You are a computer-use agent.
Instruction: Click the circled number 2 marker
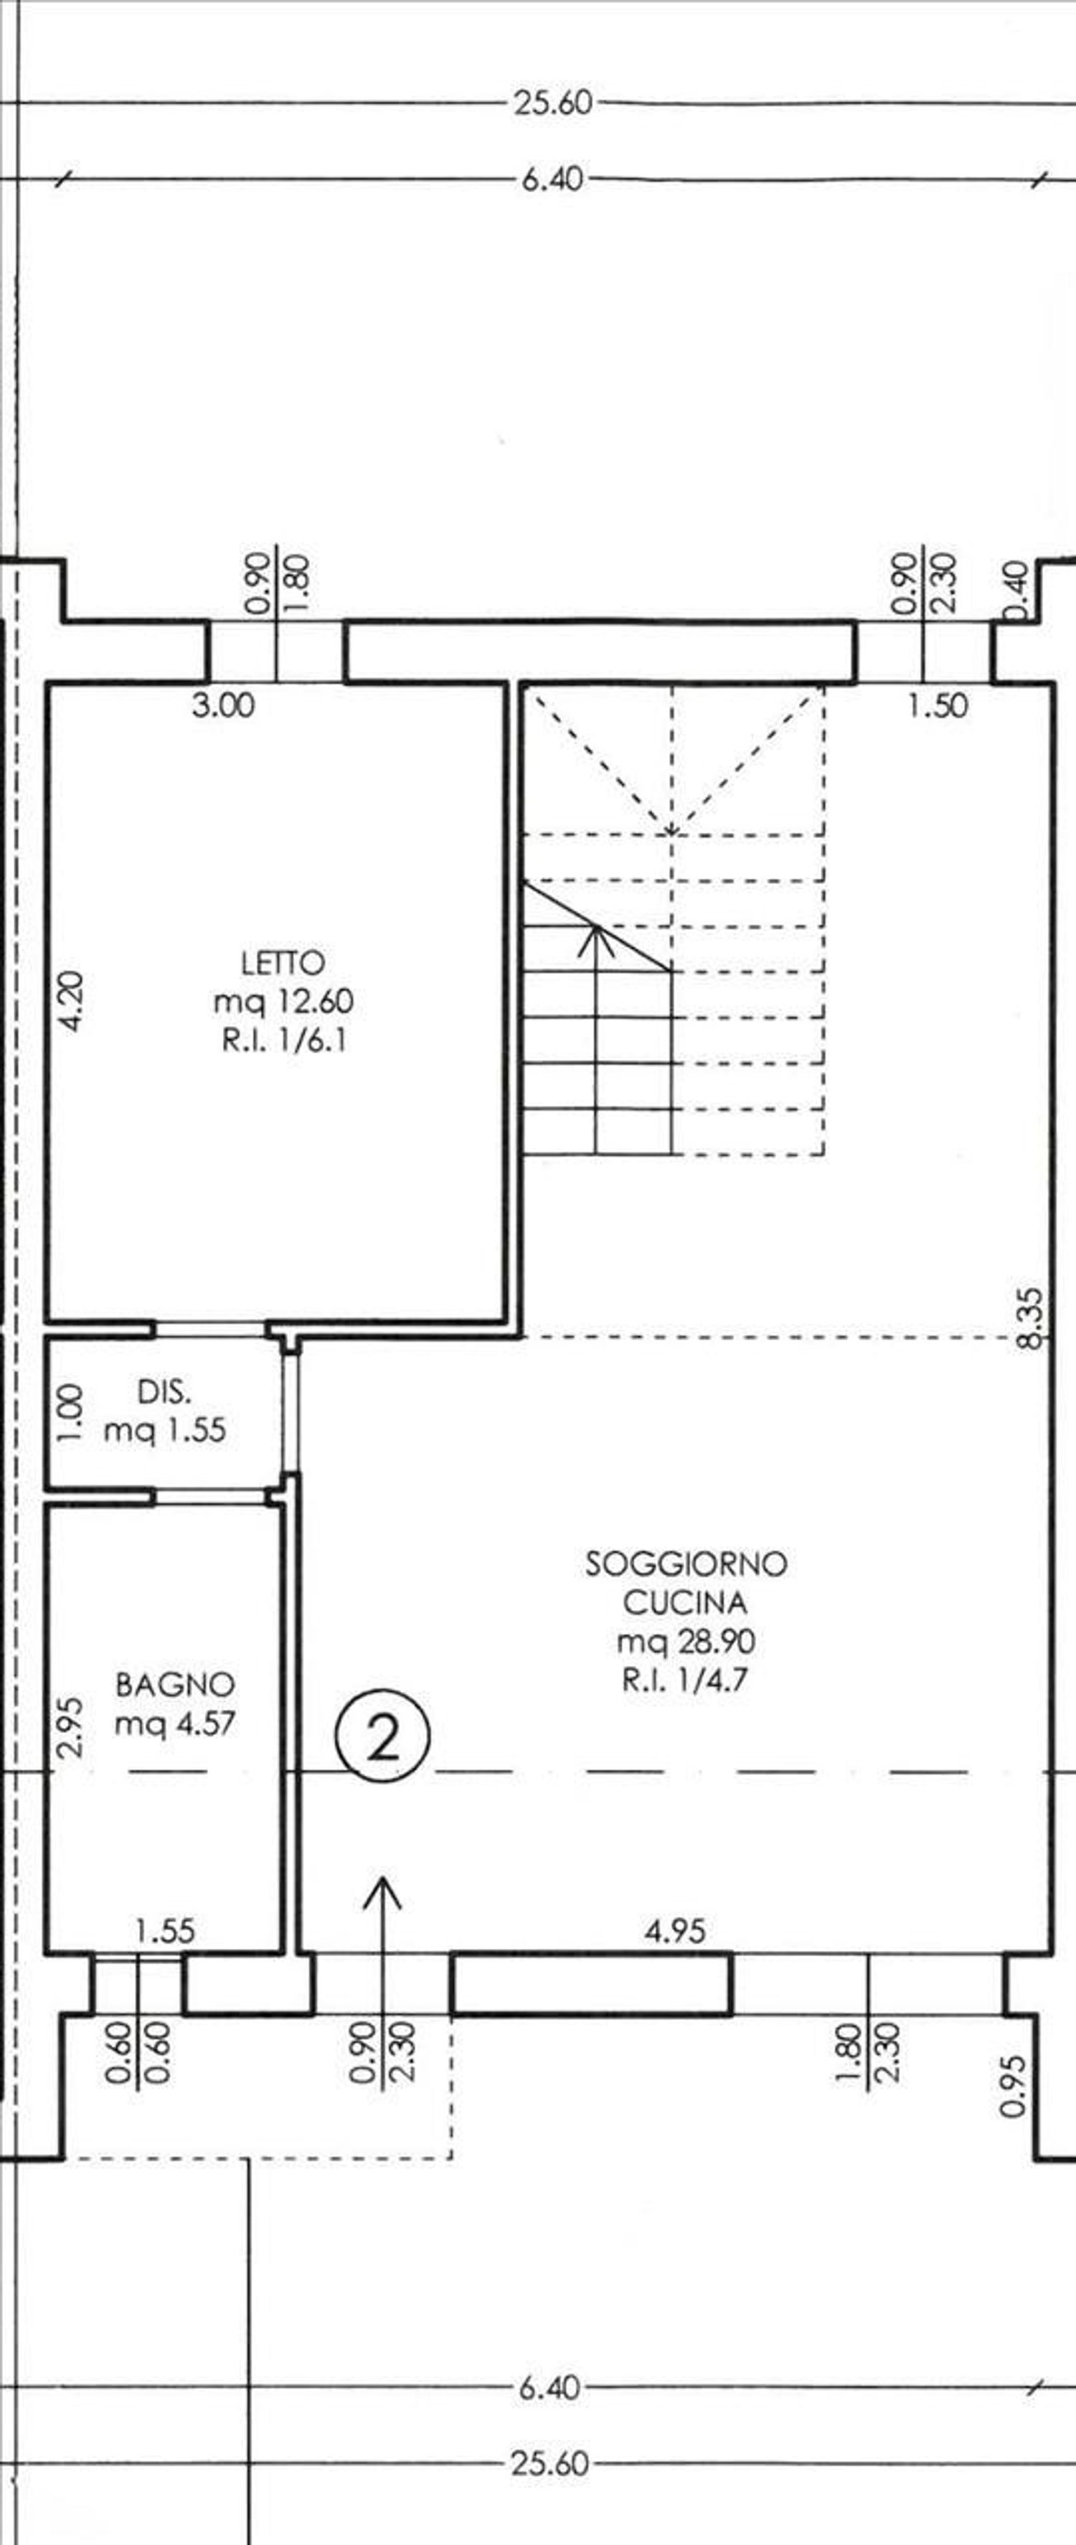[383, 1738]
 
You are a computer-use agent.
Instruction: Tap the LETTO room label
[283, 962]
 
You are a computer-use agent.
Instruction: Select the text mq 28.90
[686, 1641]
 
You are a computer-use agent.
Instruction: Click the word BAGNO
[175, 1685]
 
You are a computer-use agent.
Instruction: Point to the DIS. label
[164, 1392]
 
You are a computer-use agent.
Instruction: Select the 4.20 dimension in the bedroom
[72, 1002]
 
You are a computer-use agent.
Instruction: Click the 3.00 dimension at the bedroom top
[223, 705]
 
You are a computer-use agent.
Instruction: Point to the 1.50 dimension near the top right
[938, 705]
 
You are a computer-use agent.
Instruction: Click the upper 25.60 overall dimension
[552, 103]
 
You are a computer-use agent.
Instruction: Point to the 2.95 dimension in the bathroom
[71, 1727]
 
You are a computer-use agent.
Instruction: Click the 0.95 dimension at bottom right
[1013, 2087]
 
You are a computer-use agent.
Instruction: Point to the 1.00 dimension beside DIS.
[69, 1413]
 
